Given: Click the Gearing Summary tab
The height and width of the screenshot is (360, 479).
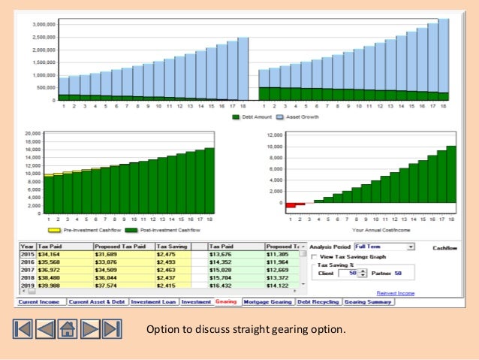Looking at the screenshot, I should click(x=367, y=302).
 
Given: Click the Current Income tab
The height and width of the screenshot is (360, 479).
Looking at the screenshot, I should click(x=39, y=302).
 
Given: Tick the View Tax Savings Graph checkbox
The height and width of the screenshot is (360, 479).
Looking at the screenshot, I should click(x=314, y=256).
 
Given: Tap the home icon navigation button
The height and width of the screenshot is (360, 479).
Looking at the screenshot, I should click(x=67, y=329).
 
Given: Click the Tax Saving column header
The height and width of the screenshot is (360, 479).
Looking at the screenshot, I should click(x=172, y=247).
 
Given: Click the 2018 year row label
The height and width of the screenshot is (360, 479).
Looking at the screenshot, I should click(x=27, y=277).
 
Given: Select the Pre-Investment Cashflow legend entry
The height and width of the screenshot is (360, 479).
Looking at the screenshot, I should click(x=80, y=230).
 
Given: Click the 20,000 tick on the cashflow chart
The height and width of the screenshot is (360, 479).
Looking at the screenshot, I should click(x=32, y=133).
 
